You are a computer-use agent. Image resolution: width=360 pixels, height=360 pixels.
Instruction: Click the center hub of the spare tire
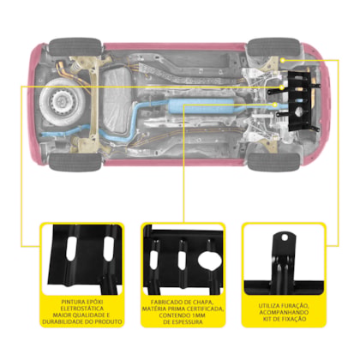(x=61, y=101)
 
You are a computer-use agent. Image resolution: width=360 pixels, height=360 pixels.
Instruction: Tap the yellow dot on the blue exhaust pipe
(x=275, y=105)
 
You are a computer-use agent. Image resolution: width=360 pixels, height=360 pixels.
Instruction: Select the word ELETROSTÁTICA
(x=82, y=309)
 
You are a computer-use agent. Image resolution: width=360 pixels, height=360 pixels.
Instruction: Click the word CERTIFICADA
(x=206, y=309)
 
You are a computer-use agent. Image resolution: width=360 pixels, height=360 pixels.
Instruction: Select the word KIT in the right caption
(x=267, y=319)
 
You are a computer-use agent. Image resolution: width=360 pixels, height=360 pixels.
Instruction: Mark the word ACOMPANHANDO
(x=284, y=312)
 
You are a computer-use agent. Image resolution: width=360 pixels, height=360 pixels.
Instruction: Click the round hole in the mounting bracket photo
(x=285, y=237)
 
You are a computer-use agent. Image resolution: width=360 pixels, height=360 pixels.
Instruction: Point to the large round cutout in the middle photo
(x=210, y=261)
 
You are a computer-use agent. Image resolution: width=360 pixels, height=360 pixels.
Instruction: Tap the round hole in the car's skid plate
(x=298, y=113)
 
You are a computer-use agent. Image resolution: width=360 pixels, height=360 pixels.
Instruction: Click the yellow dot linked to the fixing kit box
(x=282, y=60)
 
